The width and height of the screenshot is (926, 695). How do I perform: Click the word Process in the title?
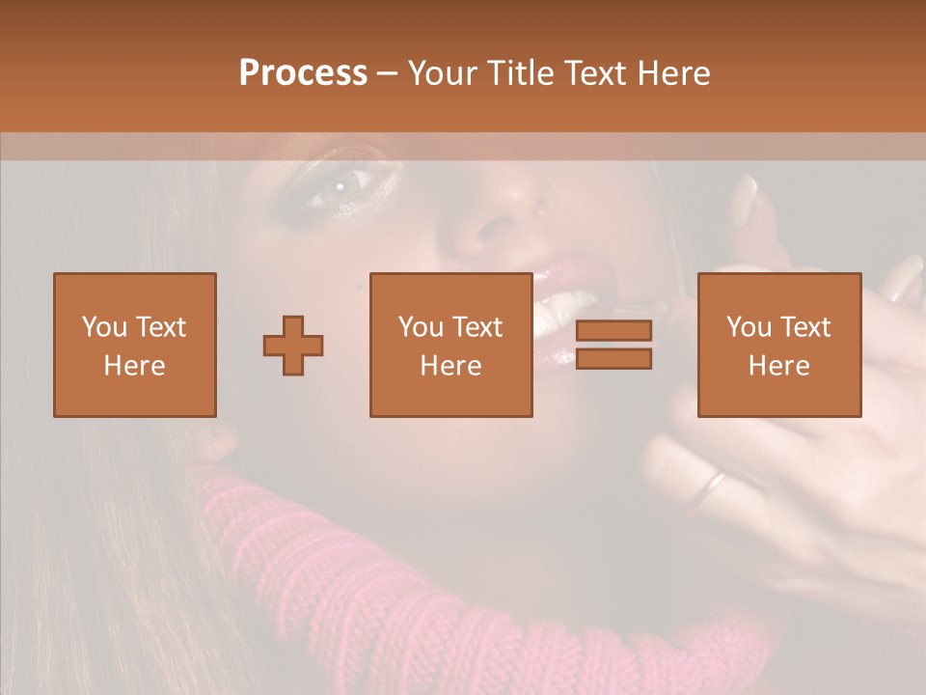coord(303,73)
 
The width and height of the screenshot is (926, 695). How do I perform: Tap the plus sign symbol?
coord(293,345)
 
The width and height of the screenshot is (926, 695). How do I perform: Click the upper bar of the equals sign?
coord(613,330)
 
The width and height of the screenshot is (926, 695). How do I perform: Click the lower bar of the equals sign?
coord(613,359)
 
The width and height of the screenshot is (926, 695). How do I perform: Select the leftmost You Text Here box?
coord(134,345)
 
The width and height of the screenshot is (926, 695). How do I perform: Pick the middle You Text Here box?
coord(450,345)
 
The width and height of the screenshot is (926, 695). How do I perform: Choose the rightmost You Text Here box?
coord(778,345)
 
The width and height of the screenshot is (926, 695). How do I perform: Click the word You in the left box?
coord(102,327)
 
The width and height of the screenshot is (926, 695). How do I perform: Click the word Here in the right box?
coord(778,366)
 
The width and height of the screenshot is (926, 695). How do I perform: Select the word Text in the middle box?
coord(477,327)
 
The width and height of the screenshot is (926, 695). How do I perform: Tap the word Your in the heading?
coord(442,73)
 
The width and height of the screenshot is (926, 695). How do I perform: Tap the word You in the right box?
coord(748,327)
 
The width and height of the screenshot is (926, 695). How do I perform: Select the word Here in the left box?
coord(134,366)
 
